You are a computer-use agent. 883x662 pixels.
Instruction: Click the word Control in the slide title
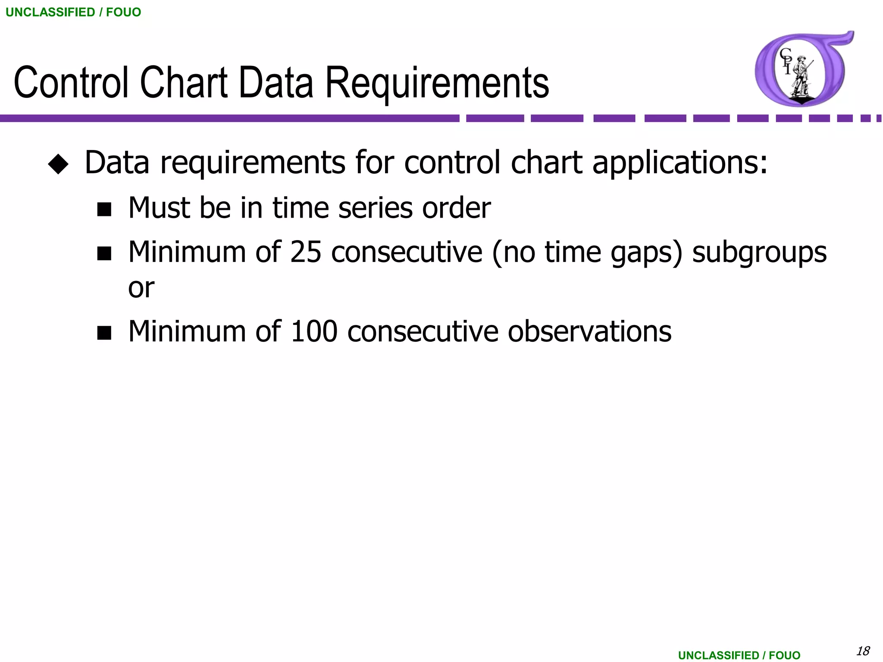[71, 83]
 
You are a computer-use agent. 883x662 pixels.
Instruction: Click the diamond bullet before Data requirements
[58, 164]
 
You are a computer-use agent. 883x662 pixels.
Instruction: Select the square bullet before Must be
[104, 209]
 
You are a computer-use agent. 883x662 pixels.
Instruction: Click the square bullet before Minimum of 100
[104, 333]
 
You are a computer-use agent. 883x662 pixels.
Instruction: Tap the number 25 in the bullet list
[306, 252]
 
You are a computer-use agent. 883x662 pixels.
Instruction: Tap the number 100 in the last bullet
[314, 331]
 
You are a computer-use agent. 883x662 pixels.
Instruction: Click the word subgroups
[759, 253]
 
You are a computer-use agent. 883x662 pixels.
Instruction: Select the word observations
[589, 331]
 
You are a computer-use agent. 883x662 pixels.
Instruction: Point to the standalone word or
[141, 287]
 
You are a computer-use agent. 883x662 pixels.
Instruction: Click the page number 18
[863, 651]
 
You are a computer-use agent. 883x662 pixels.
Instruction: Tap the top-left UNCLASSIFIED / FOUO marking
[73, 12]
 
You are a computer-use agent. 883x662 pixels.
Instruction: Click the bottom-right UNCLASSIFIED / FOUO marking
[739, 655]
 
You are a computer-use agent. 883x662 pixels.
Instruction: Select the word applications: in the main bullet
[680, 163]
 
